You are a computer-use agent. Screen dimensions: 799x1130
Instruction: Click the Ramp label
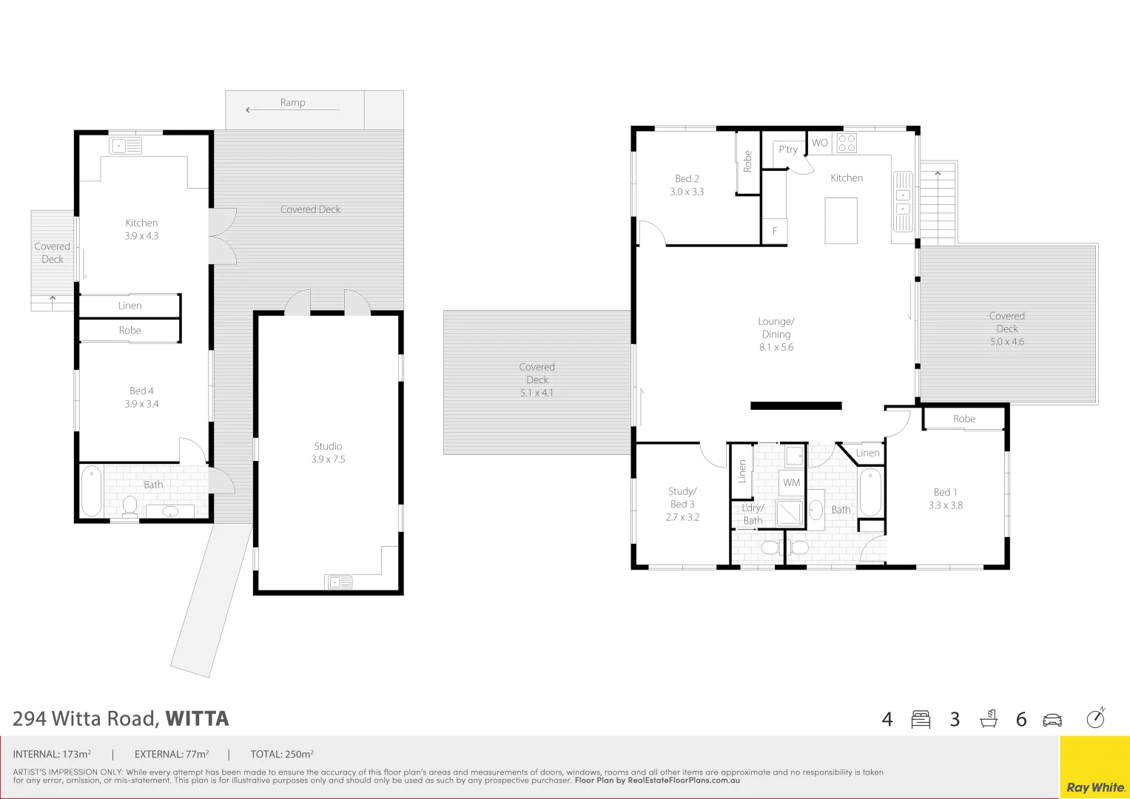[x=292, y=103]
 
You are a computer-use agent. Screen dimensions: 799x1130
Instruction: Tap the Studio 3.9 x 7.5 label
[x=328, y=453]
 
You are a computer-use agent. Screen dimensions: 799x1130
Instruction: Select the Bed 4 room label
[x=141, y=397]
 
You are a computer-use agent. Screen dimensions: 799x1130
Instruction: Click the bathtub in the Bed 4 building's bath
[x=91, y=490]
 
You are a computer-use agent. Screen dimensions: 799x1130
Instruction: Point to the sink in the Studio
[x=338, y=582]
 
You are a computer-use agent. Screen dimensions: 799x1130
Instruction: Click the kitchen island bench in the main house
[x=841, y=220]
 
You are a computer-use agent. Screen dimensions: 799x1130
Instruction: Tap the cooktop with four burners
[x=847, y=143]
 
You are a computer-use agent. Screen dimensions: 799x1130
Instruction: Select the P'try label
[x=788, y=149]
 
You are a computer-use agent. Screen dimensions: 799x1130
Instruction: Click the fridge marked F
[x=775, y=231]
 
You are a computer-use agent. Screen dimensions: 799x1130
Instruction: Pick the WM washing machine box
[x=792, y=482]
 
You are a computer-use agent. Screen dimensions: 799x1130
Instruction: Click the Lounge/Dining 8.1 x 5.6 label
[x=776, y=334]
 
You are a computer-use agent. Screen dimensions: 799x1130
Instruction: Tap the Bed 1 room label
[x=945, y=499]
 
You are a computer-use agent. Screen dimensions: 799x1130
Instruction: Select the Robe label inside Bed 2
[x=747, y=161]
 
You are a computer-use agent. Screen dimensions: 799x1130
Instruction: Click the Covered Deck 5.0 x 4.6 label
[x=1006, y=328]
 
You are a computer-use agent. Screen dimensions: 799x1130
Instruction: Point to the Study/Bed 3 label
[x=682, y=504]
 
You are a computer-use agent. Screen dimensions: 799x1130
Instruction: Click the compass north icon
[x=1095, y=718]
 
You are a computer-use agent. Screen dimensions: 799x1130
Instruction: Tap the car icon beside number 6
[x=1052, y=720]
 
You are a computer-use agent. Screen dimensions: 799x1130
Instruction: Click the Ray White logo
[x=1094, y=787]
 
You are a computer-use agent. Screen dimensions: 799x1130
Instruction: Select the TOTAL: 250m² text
[x=282, y=755]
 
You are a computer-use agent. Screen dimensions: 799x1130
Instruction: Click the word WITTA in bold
[x=197, y=719]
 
